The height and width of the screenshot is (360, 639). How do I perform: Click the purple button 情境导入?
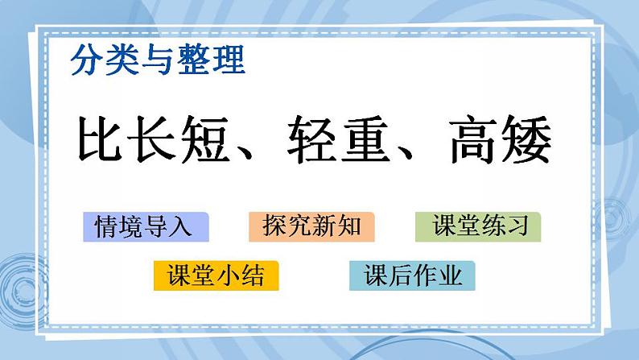click(145, 227)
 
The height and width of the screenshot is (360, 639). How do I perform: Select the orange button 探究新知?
click(311, 227)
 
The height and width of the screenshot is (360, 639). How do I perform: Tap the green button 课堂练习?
click(478, 227)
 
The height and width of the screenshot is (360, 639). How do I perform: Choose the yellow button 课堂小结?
click(216, 276)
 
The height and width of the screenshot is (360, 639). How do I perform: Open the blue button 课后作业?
click(412, 276)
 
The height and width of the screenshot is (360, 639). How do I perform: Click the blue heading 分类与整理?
click(157, 60)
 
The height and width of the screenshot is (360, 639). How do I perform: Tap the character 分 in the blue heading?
click(86, 60)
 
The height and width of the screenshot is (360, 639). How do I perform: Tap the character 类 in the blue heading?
click(122, 60)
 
